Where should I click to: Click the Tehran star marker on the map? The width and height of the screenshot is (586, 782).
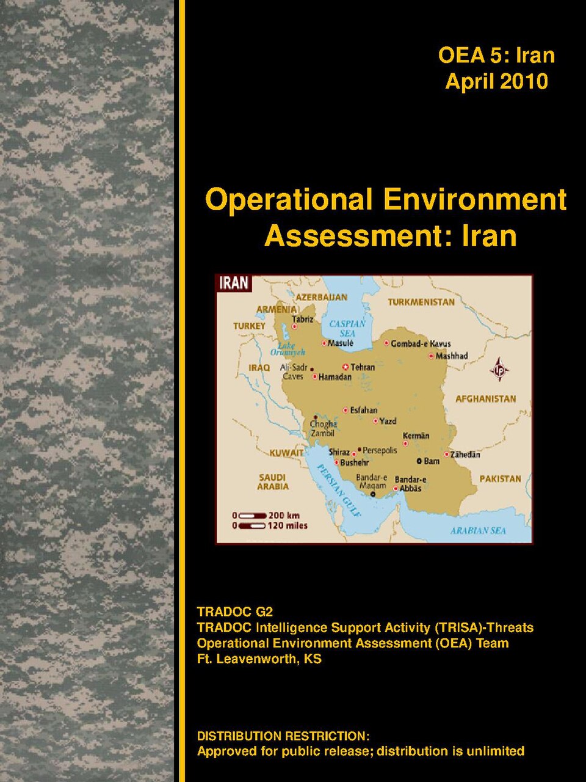point(345,367)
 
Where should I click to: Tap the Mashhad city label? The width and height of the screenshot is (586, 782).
point(452,356)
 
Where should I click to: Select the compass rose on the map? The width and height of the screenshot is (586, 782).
point(499,370)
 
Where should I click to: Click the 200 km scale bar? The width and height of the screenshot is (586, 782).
point(252,516)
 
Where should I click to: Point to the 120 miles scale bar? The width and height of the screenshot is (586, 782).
point(252,525)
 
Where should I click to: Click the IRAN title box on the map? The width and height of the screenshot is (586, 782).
point(234,283)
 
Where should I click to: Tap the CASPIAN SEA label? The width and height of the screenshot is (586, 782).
point(347,329)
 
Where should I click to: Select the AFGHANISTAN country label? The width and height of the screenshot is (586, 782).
point(486,399)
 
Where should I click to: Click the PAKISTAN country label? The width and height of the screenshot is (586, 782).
point(501,478)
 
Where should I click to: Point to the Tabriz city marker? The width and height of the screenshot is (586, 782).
point(295,326)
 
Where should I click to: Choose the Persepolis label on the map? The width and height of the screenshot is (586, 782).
point(380,450)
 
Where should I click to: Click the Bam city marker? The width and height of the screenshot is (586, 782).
point(419,461)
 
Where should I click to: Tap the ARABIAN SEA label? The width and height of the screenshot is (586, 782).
point(478,530)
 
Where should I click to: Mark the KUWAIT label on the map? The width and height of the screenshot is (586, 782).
point(286,453)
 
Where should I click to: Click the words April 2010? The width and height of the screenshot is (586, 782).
point(496,81)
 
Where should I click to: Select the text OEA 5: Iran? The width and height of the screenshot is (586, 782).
point(496,56)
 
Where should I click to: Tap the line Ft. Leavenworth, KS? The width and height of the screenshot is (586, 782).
point(259,659)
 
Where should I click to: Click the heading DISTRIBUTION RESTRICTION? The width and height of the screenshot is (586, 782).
point(283,736)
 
